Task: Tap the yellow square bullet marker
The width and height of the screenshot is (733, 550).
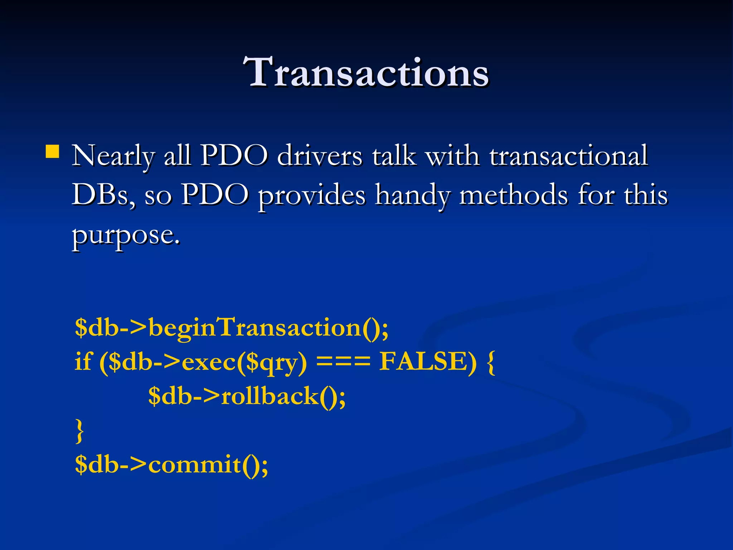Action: (53, 151)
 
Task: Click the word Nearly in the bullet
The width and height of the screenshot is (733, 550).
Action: (113, 156)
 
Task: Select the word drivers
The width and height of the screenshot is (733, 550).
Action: (320, 156)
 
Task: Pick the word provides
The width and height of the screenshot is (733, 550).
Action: (312, 196)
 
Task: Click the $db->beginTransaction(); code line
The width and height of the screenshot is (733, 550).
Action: (232, 327)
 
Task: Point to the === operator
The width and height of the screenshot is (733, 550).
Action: (343, 362)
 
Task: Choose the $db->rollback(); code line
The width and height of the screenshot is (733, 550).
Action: (247, 396)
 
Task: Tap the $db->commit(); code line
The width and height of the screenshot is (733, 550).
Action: (171, 464)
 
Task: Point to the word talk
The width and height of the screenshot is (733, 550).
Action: (394, 156)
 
